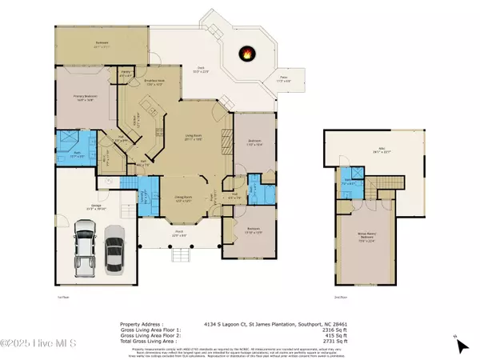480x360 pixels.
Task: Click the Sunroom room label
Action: (x=102, y=46)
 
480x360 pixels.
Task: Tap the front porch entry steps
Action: (x=181, y=256)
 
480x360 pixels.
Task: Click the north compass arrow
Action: (x=462, y=346)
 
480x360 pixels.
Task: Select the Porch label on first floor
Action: (x=181, y=234)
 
